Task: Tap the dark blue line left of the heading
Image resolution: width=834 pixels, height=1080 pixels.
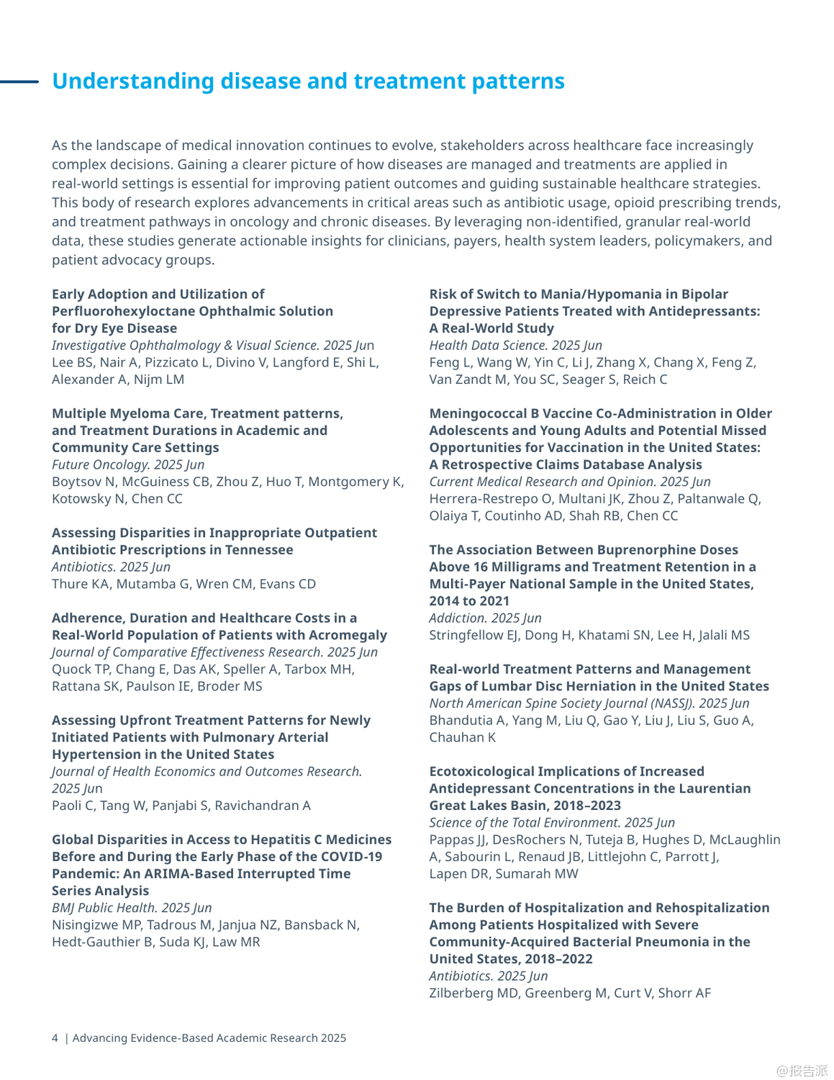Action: click(19, 81)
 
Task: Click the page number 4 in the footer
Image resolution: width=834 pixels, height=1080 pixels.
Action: click(55, 1038)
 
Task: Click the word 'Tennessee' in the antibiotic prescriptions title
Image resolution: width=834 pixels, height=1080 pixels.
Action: click(259, 549)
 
